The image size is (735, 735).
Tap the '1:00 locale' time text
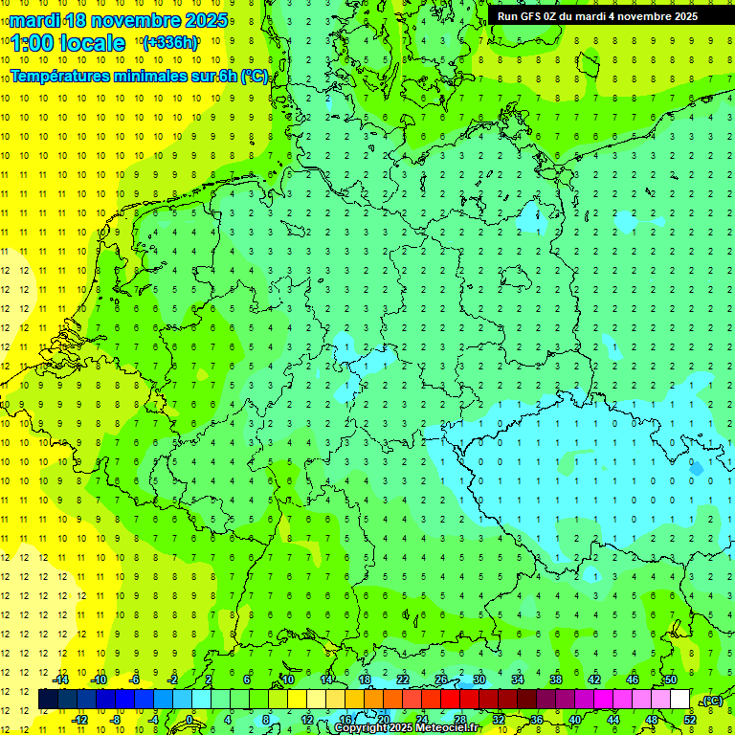(x=68, y=43)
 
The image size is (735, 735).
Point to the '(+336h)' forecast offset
(x=170, y=42)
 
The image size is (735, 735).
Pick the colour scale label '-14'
(x=61, y=679)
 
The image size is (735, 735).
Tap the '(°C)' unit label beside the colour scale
(x=712, y=701)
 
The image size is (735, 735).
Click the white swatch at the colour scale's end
(x=679, y=700)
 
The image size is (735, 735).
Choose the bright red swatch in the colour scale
(x=450, y=700)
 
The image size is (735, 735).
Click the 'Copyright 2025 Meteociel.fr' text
(x=408, y=728)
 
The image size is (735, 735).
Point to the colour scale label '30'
(x=479, y=679)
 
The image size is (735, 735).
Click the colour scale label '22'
(x=403, y=679)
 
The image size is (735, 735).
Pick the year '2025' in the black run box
(x=683, y=16)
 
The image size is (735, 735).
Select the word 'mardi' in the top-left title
(x=33, y=20)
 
